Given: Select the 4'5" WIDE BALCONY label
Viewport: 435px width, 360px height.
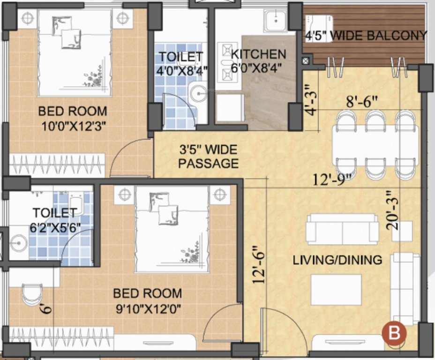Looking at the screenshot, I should [x=366, y=35].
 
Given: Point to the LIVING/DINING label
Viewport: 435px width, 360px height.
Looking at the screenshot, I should [x=337, y=260].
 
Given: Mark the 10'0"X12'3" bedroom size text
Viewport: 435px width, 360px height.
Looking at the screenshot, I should [x=72, y=127].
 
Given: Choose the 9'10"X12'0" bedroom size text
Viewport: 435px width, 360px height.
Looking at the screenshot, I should [x=147, y=308].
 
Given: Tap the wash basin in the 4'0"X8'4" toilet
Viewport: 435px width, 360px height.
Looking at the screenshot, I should [x=200, y=94].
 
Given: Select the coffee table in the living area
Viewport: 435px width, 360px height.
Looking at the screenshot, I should [x=336, y=289].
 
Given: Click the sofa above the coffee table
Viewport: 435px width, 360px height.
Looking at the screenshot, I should [x=342, y=229].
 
